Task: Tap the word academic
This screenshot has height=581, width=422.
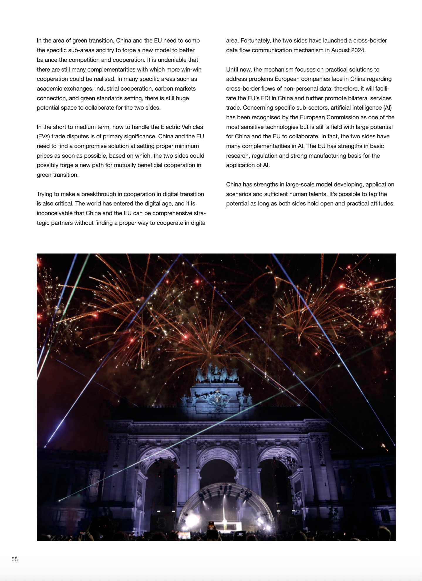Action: click(49, 89)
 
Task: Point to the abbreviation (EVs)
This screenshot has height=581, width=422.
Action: click(43, 136)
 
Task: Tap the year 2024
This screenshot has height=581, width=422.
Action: click(358, 50)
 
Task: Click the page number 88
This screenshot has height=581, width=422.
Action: click(15, 559)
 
